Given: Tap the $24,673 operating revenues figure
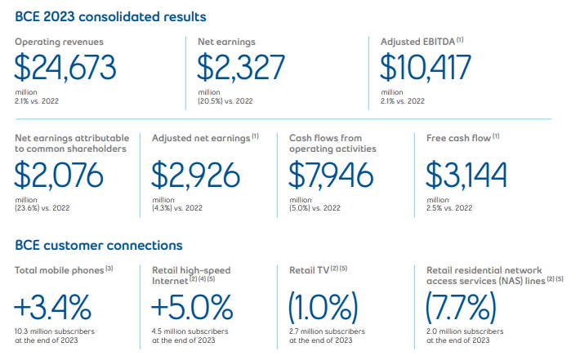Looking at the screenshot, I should click(65, 67).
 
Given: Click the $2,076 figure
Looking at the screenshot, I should click(60, 175).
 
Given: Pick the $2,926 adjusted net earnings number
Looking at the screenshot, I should click(196, 175).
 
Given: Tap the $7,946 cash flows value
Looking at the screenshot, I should click(332, 175).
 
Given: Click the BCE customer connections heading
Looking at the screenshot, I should click(99, 244).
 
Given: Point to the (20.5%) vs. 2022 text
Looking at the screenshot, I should click(227, 101).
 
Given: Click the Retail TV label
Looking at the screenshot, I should click(309, 269).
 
